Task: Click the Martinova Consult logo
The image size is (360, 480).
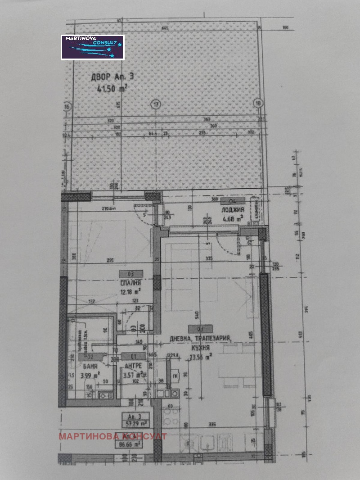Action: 92,47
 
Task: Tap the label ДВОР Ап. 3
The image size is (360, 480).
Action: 112,77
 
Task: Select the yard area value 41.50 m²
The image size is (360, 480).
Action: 112,89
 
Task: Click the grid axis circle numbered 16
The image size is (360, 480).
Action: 67,107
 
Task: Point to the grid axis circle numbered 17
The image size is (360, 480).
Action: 156,104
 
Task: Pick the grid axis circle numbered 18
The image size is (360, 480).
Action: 258,102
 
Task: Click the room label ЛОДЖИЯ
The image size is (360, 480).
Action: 232,210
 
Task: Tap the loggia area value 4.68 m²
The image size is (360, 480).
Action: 233,219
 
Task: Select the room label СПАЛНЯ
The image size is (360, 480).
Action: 131,283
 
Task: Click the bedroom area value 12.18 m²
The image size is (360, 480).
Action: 131,291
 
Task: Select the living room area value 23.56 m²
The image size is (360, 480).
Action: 202,357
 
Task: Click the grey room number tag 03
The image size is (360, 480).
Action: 131,273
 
